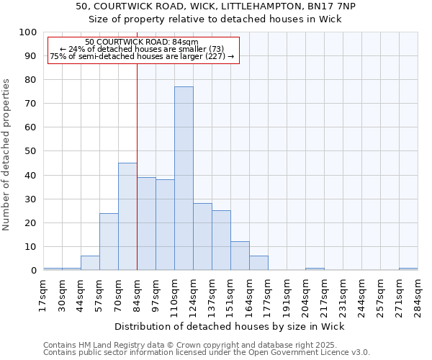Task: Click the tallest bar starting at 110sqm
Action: pyautogui.click(x=184, y=179)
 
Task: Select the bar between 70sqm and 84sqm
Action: pyautogui.click(x=127, y=216)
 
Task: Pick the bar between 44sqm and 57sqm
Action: pyautogui.click(x=90, y=263)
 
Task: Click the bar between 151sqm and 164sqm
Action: pyautogui.click(x=240, y=256)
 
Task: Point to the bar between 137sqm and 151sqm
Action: pyautogui.click(x=221, y=240)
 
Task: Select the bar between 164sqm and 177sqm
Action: pyautogui.click(x=258, y=263)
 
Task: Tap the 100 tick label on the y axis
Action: pyautogui.click(x=28, y=32)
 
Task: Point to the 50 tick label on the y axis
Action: pyautogui.click(x=31, y=151)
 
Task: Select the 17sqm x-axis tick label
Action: pyautogui.click(x=42, y=296)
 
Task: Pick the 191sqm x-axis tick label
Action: pyautogui.click(x=286, y=296)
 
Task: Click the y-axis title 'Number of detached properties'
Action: pyautogui.click(x=7, y=155)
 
